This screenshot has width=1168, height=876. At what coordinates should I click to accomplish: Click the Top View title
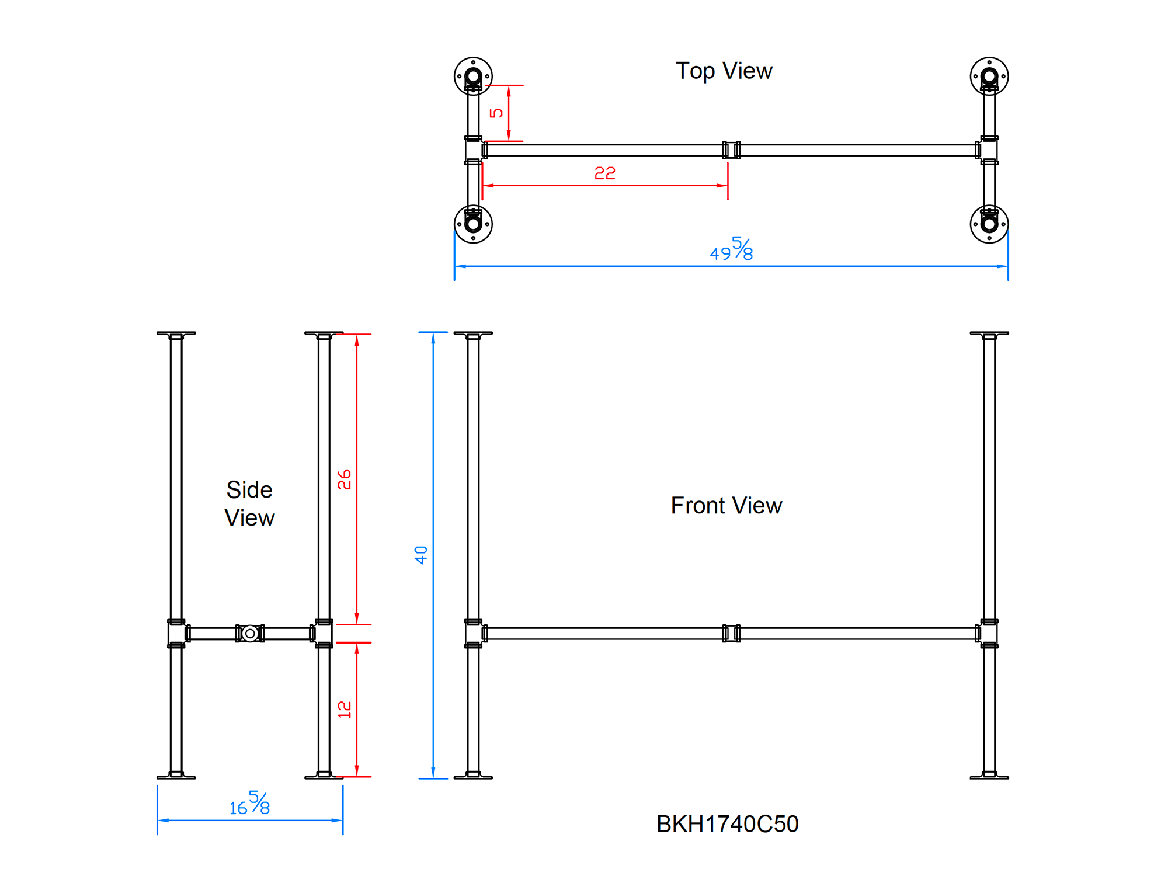coord(724,71)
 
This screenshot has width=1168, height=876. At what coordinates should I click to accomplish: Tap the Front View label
coord(726,505)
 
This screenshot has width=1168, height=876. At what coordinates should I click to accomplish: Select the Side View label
coord(249,503)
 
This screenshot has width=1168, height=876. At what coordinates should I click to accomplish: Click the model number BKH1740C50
coord(727,824)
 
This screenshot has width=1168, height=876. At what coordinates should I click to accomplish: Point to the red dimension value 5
coord(496,113)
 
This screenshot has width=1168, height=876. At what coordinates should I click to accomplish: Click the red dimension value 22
coord(604,173)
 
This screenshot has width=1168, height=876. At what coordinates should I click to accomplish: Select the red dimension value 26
coord(345,479)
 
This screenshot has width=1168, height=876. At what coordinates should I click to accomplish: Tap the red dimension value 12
coord(345,710)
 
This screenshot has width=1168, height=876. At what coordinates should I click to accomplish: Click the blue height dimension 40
coord(421,555)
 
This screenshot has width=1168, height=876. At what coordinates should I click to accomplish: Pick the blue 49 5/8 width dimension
coord(731,250)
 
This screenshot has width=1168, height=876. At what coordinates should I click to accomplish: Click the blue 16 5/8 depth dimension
coord(250,804)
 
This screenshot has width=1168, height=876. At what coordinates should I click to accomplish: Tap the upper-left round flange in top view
coord(473,76)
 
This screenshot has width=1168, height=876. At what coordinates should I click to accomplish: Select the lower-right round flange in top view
coord(989,224)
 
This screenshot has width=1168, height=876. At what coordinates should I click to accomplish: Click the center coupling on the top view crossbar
coord(731,150)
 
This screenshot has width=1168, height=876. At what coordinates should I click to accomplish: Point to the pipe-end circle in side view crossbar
coord(250,633)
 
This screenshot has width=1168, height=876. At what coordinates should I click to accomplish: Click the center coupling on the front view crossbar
coord(731,633)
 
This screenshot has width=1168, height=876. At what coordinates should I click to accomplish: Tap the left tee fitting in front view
coord(474,633)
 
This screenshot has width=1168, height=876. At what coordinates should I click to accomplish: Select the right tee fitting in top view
coord(988,150)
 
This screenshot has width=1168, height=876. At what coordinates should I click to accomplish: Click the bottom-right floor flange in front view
coord(989,776)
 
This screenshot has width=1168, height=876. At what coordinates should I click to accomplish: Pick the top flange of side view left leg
coord(176,334)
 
